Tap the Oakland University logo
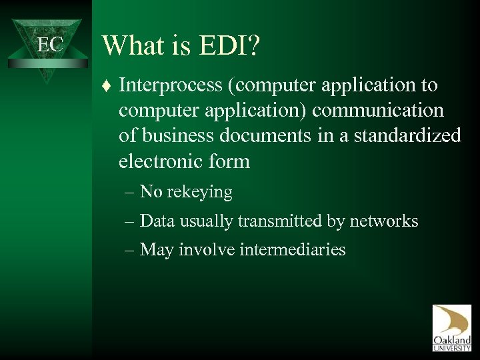click(451, 328)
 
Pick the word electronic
click(157, 161)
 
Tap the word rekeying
click(200, 193)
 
